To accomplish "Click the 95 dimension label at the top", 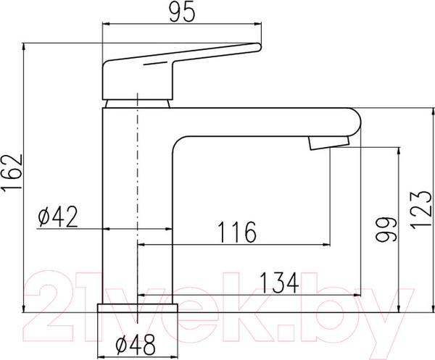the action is coord(182,13).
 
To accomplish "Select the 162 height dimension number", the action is coord(12,172).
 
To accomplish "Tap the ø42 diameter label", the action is coord(58,217).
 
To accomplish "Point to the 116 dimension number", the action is coord(237,233).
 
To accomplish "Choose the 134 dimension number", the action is coord(280,282).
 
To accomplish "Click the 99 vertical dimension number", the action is coord(386,229).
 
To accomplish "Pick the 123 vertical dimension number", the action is coord(420,210).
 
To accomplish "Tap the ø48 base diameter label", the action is coord(136,345).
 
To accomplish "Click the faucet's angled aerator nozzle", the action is coord(329,143).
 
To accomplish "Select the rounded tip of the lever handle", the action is coord(258,47).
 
